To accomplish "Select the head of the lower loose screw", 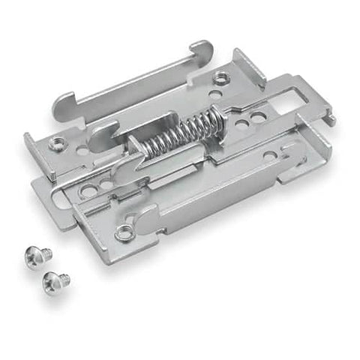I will [52, 280].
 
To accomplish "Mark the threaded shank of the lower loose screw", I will [63, 278].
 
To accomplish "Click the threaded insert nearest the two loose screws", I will [124, 232].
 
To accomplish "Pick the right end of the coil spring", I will [217, 117].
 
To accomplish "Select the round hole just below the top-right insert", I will [215, 95].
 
